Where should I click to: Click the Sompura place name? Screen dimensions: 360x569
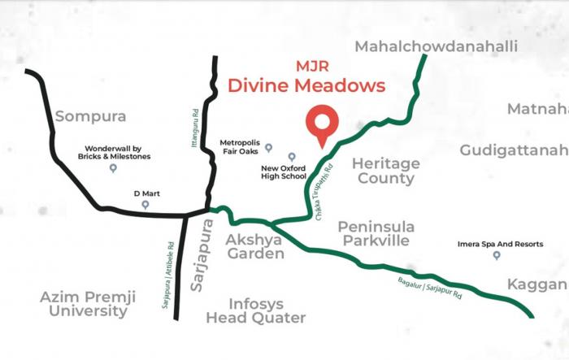[89, 116]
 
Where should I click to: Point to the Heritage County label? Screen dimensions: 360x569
[386, 171]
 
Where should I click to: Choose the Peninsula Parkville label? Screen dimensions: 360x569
[376, 233]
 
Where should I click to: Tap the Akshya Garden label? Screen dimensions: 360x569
[255, 247]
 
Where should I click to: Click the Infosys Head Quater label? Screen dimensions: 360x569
[255, 310]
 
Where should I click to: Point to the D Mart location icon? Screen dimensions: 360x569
[145, 205]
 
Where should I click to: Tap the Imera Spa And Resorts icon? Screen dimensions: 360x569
[497, 255]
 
